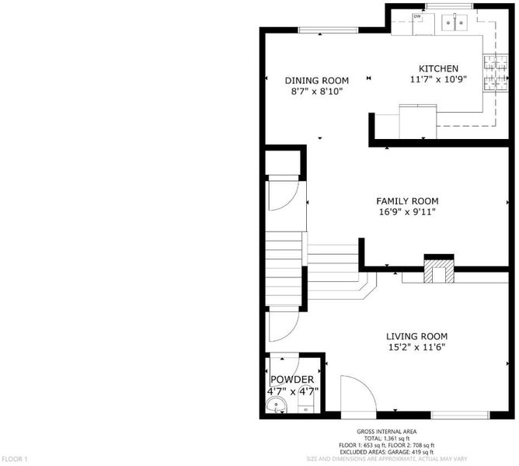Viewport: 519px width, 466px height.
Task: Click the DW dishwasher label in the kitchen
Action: coord(417,16)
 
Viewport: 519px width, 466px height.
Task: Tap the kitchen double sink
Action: coord(454,23)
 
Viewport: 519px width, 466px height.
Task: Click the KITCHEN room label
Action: coord(438,69)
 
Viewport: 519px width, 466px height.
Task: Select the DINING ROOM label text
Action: coord(317,81)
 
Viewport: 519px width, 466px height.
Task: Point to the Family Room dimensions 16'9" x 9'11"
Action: coord(407,212)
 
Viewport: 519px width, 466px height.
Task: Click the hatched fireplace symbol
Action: coord(439,271)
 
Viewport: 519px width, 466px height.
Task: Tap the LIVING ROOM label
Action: coord(416,336)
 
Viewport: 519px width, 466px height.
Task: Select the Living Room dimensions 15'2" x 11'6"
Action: coord(416,347)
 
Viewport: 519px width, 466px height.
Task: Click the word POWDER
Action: coord(292,380)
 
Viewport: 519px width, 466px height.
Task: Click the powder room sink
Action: coord(276,405)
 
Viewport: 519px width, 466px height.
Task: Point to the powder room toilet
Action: coord(305,407)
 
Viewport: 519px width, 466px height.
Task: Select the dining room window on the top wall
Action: coord(329,30)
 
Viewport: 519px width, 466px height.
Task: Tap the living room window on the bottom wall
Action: coord(461,415)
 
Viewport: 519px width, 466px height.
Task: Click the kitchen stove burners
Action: coord(496,73)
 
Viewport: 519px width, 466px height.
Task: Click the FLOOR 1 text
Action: coord(15,459)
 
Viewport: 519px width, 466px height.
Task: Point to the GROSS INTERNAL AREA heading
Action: coord(387,432)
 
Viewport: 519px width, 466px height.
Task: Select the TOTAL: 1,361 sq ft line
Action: coord(387,439)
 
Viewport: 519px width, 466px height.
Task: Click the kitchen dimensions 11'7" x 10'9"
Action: coord(438,79)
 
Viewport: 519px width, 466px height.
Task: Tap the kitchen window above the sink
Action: coord(449,5)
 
